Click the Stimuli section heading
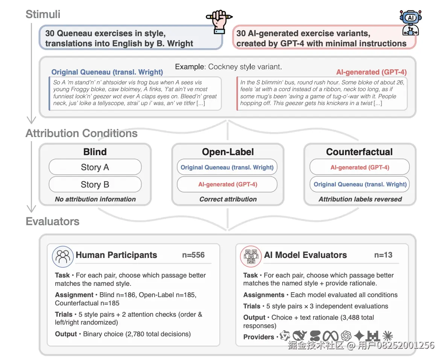(43, 15)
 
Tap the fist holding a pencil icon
(219, 21)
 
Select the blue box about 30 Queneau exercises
(131, 38)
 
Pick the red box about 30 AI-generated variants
(324, 38)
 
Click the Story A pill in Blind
(95, 167)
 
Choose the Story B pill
(95, 185)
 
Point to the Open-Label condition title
(228, 152)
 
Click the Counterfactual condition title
(359, 152)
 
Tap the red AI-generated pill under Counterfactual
(359, 167)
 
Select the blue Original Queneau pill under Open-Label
(227, 167)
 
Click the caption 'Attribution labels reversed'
(360, 199)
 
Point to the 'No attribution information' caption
(95, 199)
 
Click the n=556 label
(193, 255)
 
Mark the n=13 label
(383, 255)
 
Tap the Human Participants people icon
(62, 256)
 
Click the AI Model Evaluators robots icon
(251, 256)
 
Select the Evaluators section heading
(53, 221)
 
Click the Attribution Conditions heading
(82, 134)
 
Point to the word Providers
(259, 337)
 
